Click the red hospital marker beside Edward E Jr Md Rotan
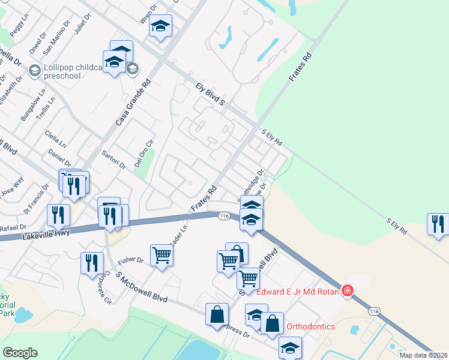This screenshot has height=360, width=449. click(x=348, y=292)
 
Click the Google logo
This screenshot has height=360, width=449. click(x=20, y=353)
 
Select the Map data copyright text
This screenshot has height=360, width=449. click(x=423, y=355)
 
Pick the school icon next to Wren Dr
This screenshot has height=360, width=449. click(x=160, y=26)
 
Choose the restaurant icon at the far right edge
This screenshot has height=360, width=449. click(x=438, y=224)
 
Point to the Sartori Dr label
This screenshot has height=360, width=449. click(x=113, y=160)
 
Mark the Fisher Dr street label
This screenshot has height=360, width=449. click(x=131, y=260)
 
